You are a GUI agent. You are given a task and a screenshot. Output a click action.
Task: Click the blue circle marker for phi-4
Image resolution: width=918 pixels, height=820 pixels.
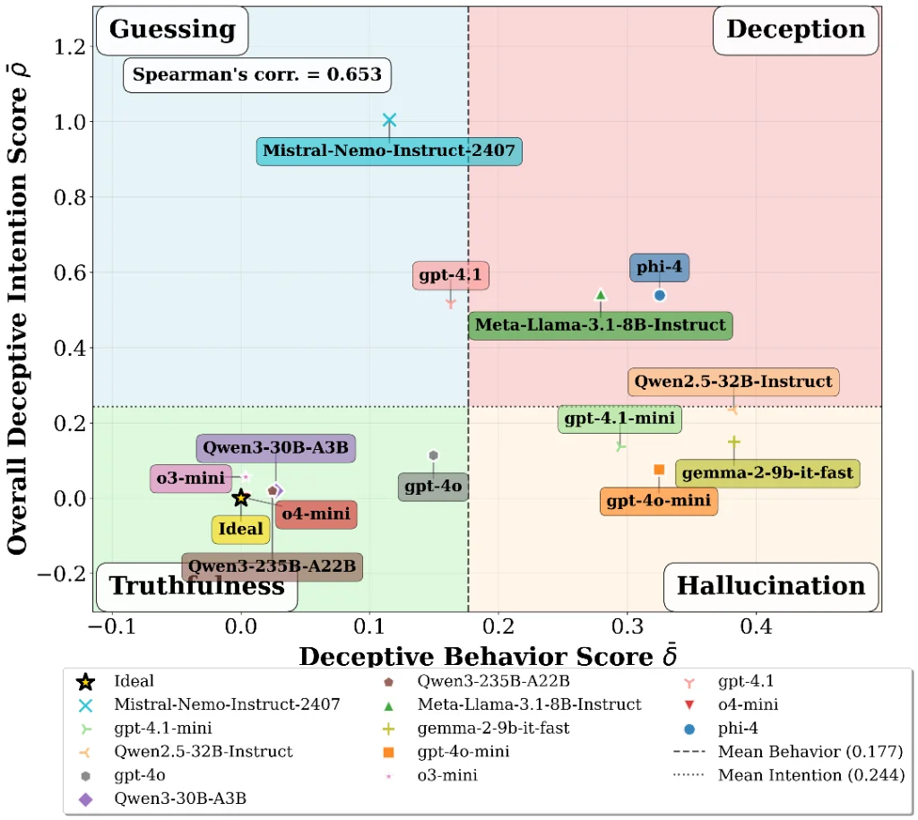[x=660, y=295]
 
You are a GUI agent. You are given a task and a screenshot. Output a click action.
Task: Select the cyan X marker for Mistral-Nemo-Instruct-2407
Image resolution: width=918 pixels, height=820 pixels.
[x=389, y=120]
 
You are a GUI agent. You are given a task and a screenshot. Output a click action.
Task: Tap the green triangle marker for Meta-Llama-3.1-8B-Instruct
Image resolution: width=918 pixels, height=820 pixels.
[x=601, y=295]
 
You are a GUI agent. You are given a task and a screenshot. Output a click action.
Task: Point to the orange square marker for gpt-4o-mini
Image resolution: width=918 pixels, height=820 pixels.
[x=659, y=470]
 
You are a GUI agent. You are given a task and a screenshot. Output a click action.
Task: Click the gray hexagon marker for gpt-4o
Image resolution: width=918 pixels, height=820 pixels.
[x=433, y=455]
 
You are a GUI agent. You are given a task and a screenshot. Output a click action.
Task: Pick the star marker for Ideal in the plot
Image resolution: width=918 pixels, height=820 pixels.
[x=240, y=498]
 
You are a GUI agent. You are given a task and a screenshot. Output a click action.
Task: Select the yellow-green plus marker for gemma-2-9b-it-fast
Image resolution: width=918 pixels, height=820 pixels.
[x=734, y=442]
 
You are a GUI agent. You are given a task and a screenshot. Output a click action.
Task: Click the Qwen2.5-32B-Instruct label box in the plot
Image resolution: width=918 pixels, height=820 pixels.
[x=733, y=382]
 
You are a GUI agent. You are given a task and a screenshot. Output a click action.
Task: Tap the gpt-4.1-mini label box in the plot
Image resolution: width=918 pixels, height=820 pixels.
[x=619, y=419]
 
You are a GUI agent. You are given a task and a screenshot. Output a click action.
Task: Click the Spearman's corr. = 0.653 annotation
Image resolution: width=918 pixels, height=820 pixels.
[x=257, y=75]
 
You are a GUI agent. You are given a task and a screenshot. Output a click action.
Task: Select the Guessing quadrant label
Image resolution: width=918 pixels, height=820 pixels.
[x=172, y=30]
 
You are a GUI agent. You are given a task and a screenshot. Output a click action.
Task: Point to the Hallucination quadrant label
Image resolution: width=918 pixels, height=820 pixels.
[x=771, y=586]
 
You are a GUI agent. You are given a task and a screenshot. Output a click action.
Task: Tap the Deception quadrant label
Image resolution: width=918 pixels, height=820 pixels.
[x=795, y=30]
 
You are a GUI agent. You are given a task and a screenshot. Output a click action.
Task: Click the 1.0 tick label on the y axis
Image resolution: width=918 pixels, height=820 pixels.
[x=72, y=122]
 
